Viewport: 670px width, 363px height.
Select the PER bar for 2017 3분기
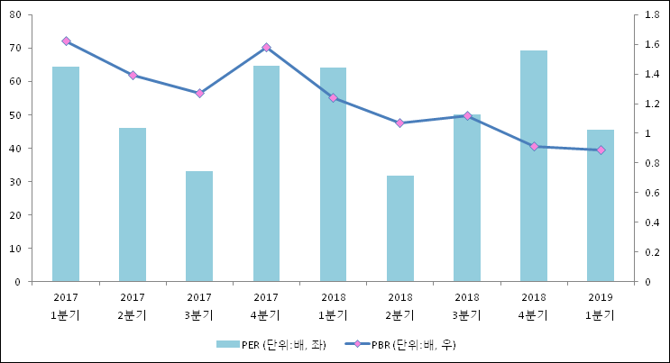click(199, 226)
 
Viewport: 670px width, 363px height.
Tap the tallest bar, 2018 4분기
click(534, 166)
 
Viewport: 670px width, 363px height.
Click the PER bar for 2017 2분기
click(133, 204)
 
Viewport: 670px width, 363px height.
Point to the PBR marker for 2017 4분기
click(266, 47)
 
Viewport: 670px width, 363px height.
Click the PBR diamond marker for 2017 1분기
click(66, 41)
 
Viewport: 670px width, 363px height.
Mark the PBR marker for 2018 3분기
click(467, 115)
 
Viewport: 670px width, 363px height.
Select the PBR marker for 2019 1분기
click(601, 150)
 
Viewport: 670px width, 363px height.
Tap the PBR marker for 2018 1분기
click(333, 97)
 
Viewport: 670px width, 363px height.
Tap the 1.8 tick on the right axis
click(651, 15)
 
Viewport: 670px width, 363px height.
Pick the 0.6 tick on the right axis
click(651, 193)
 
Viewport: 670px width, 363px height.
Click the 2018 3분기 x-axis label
click(467, 305)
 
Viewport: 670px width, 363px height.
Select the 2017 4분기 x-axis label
click(266, 305)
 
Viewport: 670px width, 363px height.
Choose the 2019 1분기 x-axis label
click(601, 305)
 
